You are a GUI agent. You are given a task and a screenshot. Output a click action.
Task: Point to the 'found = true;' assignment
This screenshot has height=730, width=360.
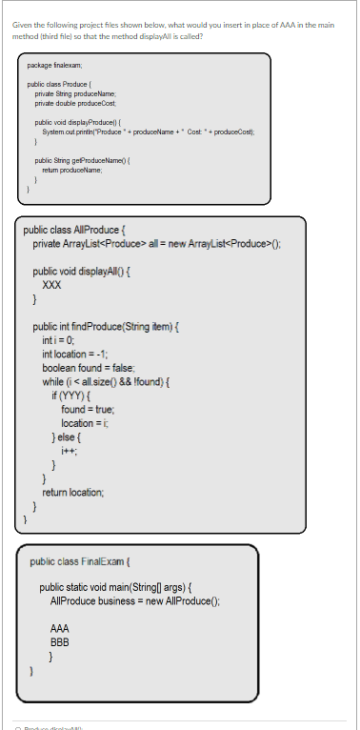pyautogui.click(x=88, y=405)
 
